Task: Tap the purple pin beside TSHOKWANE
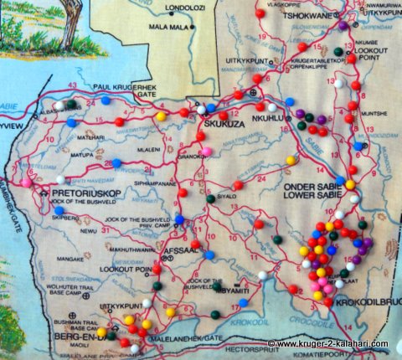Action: click(343, 25)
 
